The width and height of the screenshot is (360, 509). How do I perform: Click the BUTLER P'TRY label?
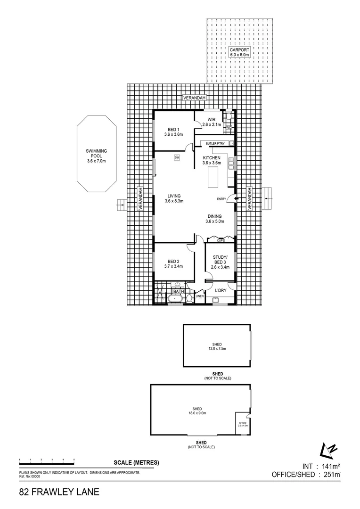(215, 143)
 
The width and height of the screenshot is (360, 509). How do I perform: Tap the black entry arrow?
(236, 199)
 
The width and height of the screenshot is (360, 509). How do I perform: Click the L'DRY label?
(221, 291)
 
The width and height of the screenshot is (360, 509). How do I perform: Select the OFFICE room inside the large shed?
(242, 424)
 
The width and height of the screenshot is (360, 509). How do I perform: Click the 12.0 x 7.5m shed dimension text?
(218, 349)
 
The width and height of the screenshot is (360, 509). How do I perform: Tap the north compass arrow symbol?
(327, 450)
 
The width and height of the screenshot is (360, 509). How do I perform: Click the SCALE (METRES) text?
(136, 463)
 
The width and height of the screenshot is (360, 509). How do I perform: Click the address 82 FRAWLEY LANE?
(59, 493)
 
